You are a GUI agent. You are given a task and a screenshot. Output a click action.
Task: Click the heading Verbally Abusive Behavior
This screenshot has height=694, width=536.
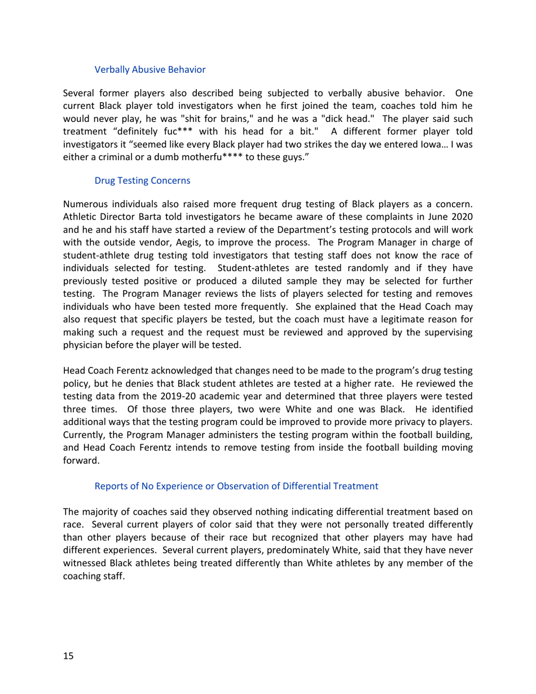(150, 69)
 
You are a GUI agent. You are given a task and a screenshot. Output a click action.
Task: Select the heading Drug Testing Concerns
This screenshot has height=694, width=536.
(142, 181)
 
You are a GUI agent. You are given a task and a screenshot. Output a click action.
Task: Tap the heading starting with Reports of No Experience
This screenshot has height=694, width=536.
(236, 485)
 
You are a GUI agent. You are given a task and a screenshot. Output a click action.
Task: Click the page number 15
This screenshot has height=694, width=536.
(68, 656)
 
